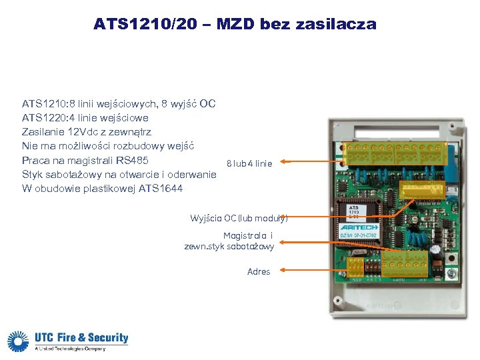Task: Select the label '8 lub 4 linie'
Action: (x=249, y=163)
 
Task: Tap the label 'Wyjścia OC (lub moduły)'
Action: (x=239, y=218)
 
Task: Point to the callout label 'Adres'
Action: (x=259, y=271)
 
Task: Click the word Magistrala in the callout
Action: (x=245, y=235)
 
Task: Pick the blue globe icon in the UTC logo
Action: (x=18, y=341)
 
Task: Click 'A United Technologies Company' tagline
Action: (x=70, y=349)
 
